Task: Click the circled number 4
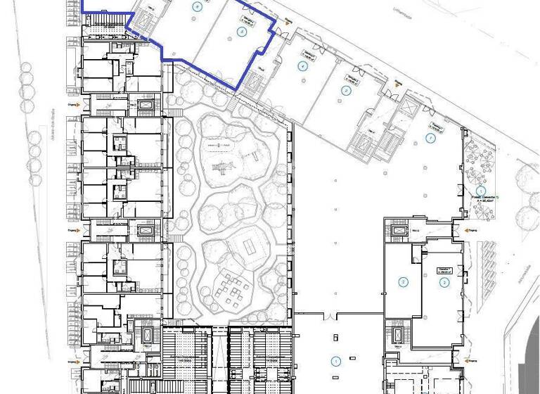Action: [x=303, y=66]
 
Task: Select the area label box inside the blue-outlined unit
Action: [x=247, y=20]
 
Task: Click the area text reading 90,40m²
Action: [x=483, y=200]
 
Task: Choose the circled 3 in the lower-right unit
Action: [x=444, y=283]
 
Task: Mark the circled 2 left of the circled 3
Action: [x=404, y=283]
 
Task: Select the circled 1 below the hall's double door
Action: [x=336, y=361]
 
